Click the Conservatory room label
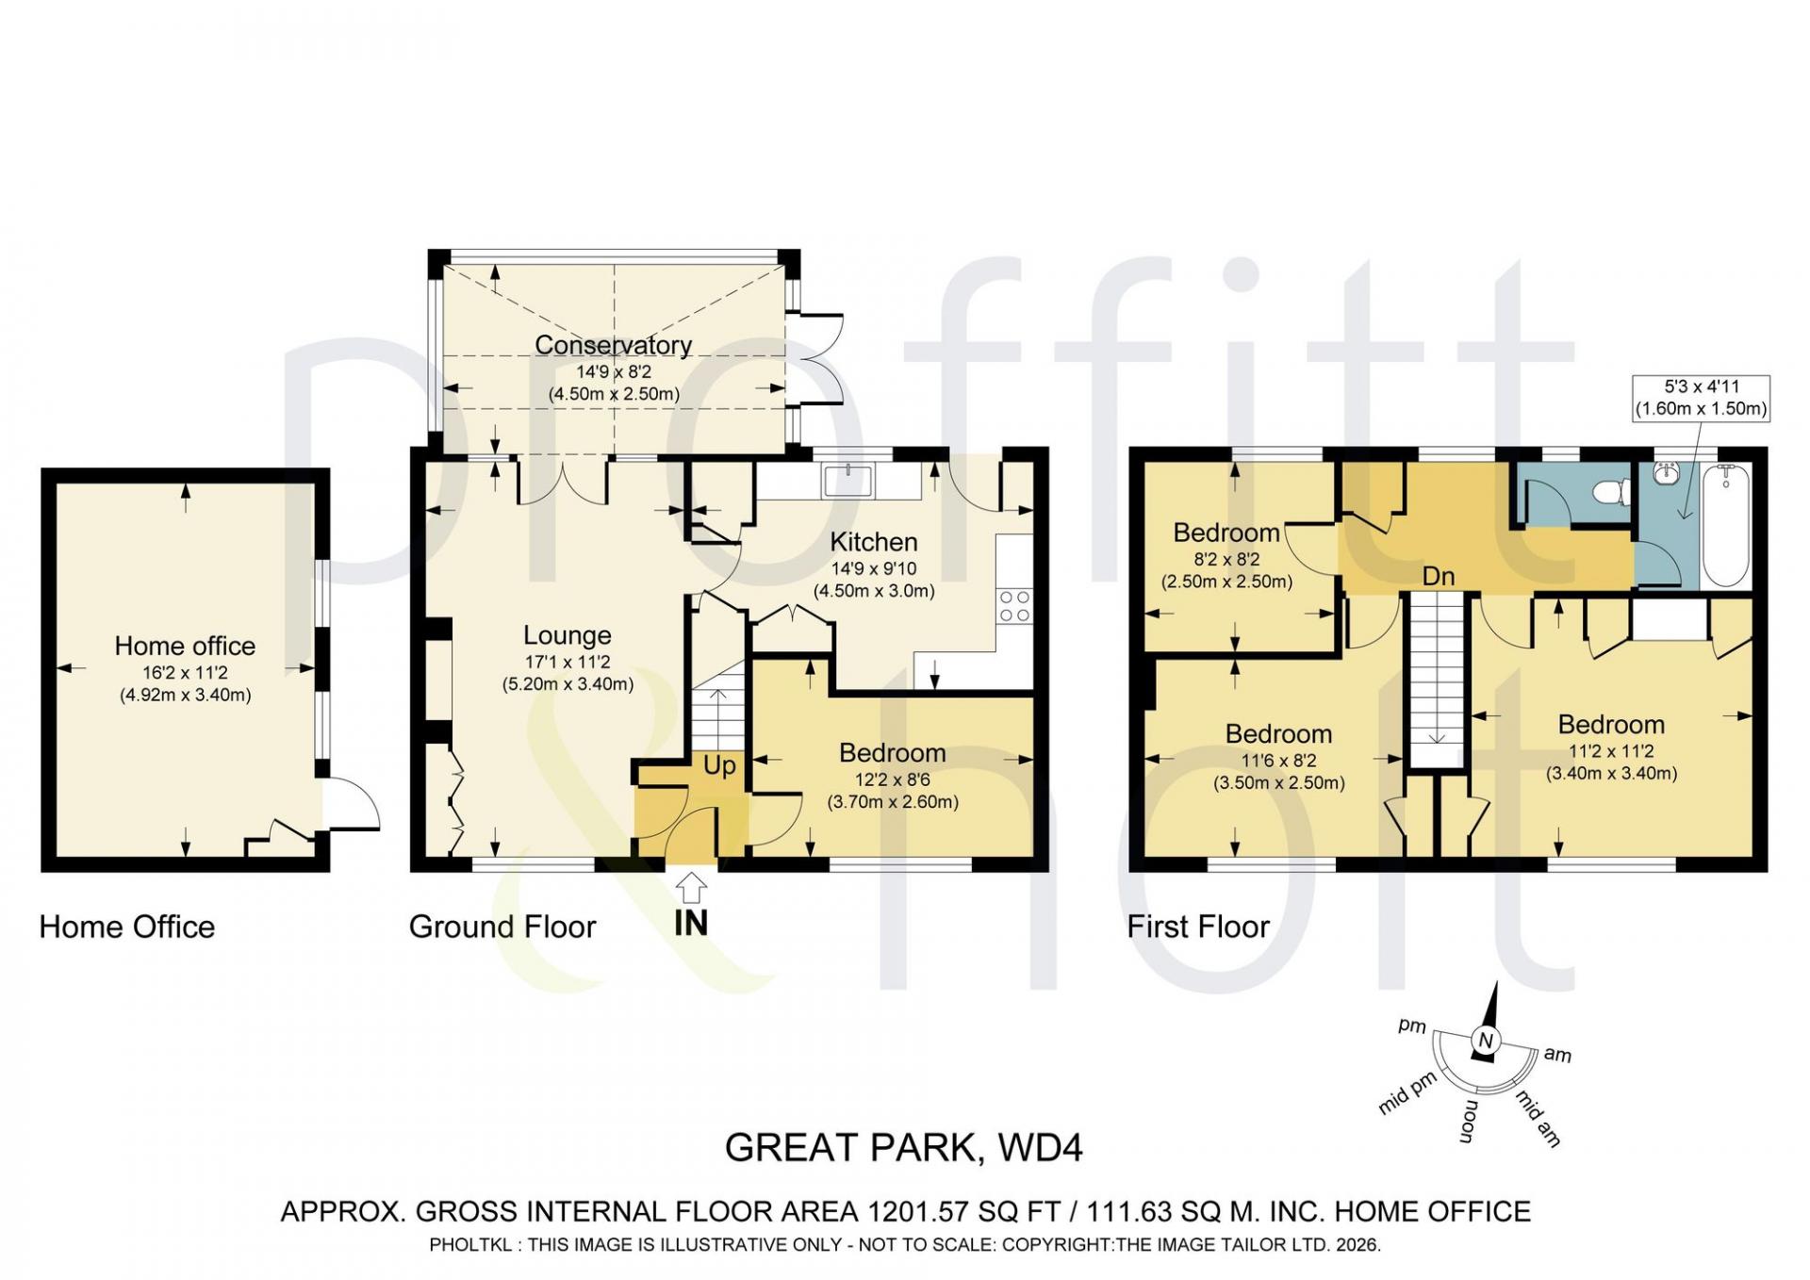pos(613,345)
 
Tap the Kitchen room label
pos(873,542)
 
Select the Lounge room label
pos(567,635)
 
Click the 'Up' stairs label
pos(719,765)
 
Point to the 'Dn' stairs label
pos(1439,576)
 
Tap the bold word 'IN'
pos(691,924)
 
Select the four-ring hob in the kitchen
pos(1014,606)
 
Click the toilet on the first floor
pos(1613,491)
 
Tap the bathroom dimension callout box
pos(1701,398)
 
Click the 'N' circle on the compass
pos(1487,1041)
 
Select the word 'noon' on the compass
pos(1469,1122)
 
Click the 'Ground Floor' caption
pos(502,927)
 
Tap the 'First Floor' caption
pos(1198,927)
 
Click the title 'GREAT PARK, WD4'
pos(904,1148)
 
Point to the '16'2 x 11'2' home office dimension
pos(185,673)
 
